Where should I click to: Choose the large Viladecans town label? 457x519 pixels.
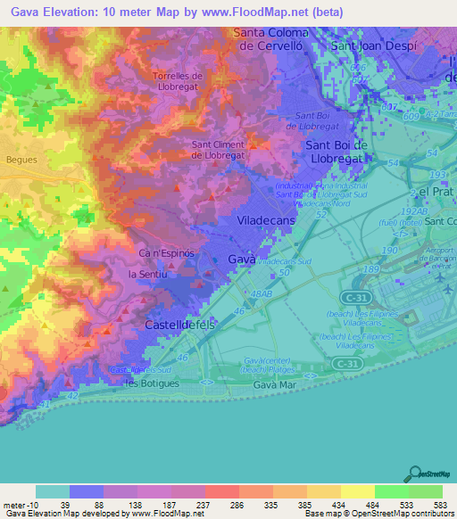tap(268, 218)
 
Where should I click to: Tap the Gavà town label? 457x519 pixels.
tap(241, 259)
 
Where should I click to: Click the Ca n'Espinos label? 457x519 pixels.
tap(166, 253)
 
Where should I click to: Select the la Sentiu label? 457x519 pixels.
tap(149, 274)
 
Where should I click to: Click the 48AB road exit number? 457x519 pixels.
tap(262, 293)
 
